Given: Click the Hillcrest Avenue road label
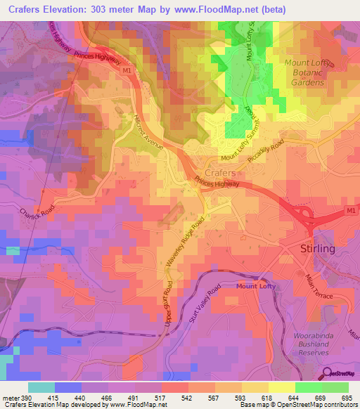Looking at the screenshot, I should [147, 131].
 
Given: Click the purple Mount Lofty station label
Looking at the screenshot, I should [257, 286].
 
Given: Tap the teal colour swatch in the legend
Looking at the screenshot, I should [41, 387].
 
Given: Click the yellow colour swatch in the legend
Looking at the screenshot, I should [281, 387].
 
